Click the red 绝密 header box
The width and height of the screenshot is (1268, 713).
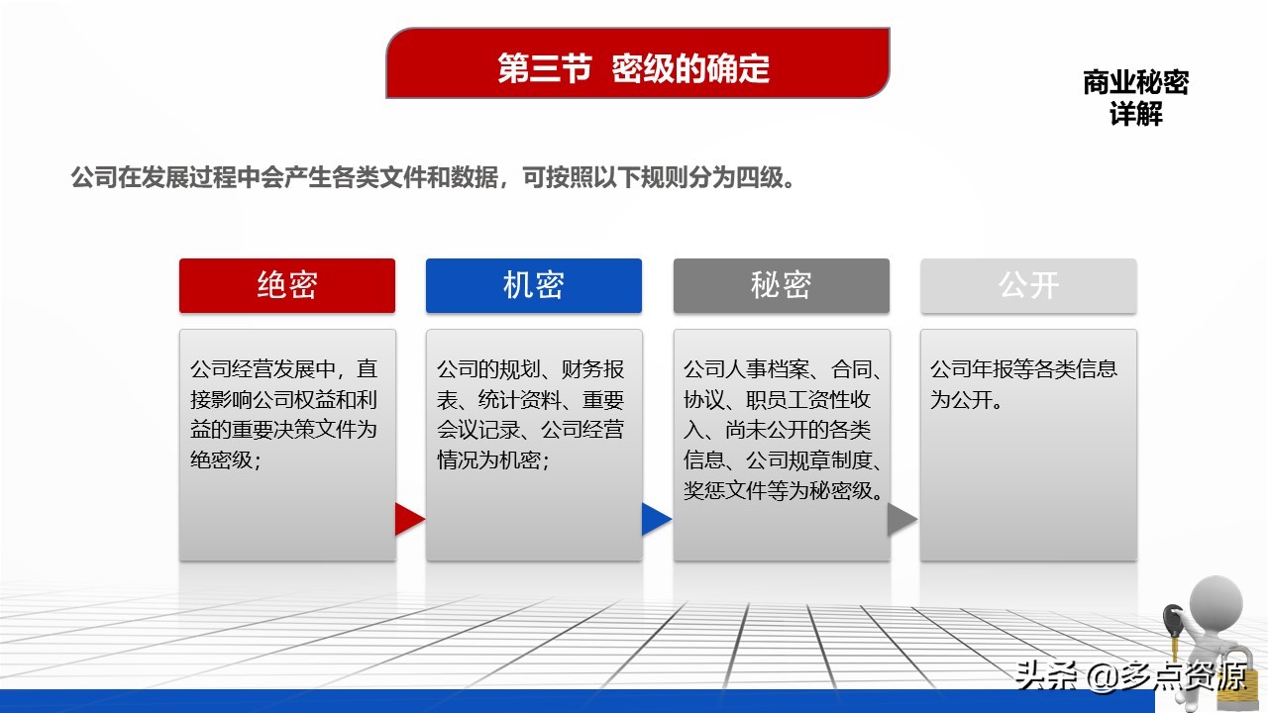(x=287, y=286)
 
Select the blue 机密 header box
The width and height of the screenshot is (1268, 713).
(x=534, y=286)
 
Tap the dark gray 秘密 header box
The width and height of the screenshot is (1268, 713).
(x=782, y=286)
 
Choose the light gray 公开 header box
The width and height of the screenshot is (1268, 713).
(x=1028, y=286)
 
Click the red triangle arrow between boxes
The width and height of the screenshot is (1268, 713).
(x=409, y=519)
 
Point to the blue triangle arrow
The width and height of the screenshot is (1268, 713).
(x=656, y=519)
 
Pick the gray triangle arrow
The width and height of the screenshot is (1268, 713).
(x=901, y=519)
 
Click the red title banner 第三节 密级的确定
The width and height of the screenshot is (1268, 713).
(x=637, y=62)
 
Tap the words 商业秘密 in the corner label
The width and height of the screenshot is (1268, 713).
(x=1135, y=82)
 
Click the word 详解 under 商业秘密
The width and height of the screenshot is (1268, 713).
(x=1135, y=114)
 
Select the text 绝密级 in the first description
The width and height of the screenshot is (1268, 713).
(x=221, y=459)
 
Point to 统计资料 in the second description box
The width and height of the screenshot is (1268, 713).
(x=520, y=399)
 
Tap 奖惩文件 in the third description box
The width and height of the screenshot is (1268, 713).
(x=725, y=490)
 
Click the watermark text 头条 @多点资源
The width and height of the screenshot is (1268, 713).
(x=1130, y=676)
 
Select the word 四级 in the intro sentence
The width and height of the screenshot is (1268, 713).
(x=759, y=177)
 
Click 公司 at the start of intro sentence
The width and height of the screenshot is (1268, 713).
(x=94, y=177)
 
